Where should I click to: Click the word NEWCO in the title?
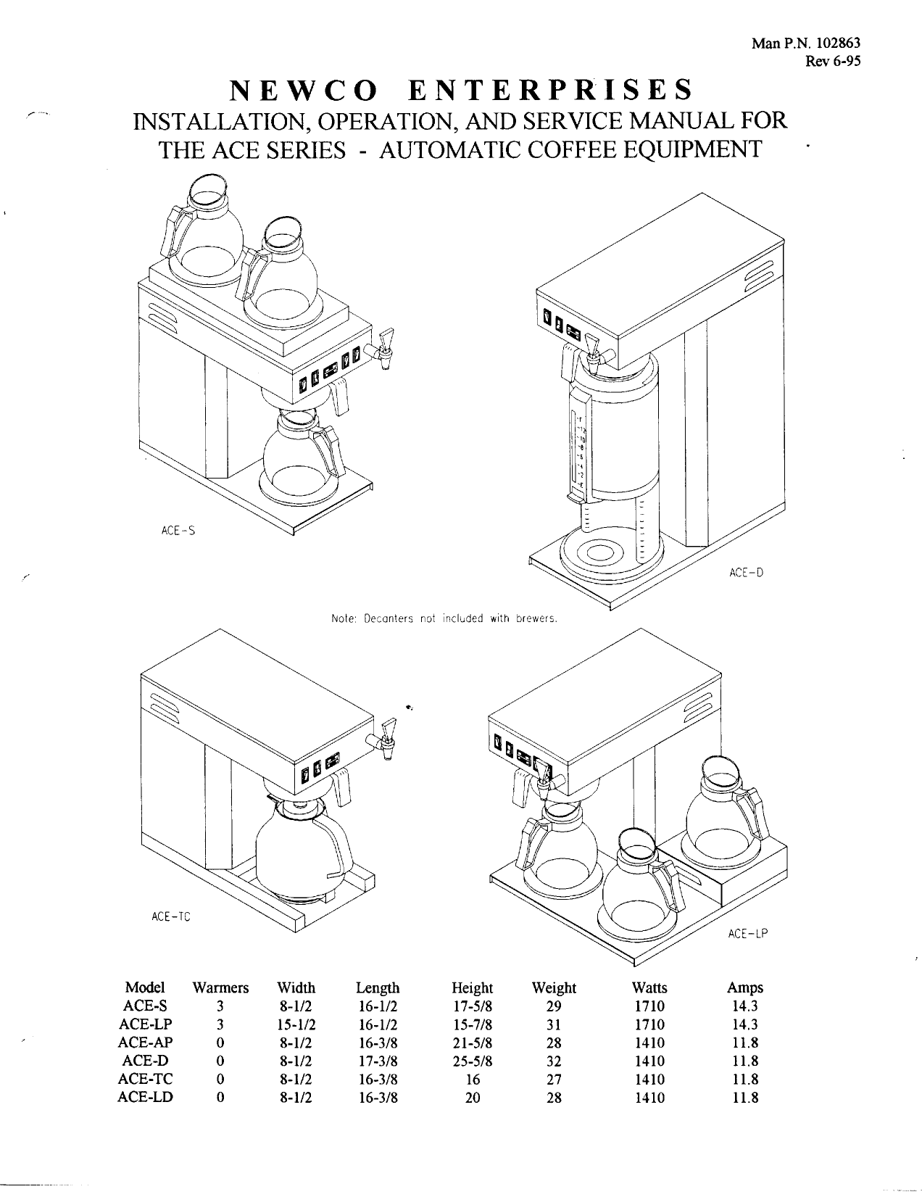pos(303,90)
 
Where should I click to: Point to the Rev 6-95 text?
pos(833,62)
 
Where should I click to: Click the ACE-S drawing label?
pos(178,531)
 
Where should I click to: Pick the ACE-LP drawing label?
pos(747,934)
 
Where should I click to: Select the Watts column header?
pos(649,987)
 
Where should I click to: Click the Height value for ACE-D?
pos(472,1061)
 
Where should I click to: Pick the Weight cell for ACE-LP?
pos(554,1024)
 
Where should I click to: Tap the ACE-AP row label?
pos(145,1043)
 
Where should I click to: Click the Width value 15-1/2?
pos(296,1024)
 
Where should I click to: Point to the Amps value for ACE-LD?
pos(745,1098)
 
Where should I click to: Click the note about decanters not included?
pos(443,619)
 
